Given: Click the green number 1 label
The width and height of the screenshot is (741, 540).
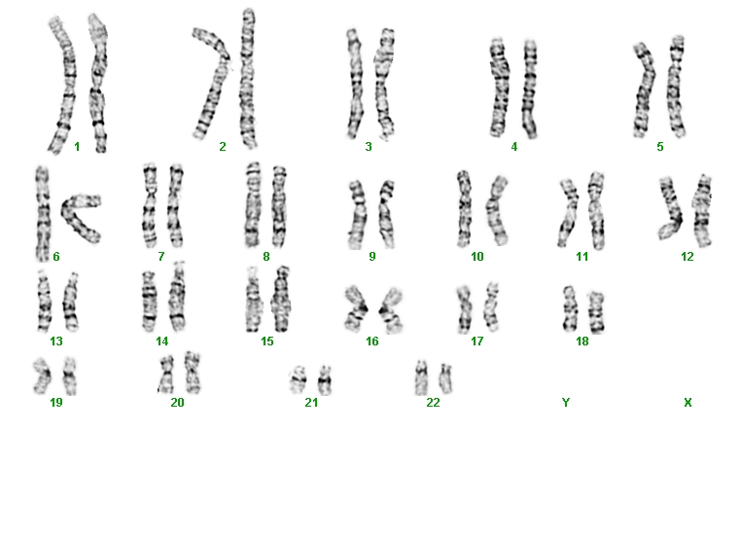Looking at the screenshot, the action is (77, 147).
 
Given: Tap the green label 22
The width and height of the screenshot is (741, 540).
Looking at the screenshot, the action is (433, 403).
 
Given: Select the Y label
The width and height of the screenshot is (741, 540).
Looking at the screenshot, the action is (566, 403).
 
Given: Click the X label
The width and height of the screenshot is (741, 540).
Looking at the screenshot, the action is (688, 403).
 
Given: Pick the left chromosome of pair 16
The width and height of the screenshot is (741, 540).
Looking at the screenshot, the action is (356, 308).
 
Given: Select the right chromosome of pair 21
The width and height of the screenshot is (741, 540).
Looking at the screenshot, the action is (324, 379).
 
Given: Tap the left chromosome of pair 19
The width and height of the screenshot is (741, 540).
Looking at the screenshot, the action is (43, 377).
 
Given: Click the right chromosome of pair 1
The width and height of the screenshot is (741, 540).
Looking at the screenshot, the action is (98, 83).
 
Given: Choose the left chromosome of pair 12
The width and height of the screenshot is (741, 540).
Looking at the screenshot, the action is (670, 208).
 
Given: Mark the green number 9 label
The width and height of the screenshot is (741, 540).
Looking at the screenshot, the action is (372, 257).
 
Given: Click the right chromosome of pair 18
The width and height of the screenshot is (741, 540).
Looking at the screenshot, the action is (596, 312).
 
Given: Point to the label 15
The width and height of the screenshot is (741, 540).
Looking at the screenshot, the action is (267, 342).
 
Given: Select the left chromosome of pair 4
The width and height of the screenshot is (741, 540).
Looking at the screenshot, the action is (499, 88).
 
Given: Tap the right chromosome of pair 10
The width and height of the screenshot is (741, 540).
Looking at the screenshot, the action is (496, 210).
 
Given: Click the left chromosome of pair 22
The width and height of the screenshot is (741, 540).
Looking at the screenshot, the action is (421, 378).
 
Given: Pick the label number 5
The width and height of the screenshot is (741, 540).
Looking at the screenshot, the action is (660, 147).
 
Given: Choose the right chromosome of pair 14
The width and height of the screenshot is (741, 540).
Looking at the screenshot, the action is (178, 296).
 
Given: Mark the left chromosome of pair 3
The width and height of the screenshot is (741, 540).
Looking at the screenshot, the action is (354, 84).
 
